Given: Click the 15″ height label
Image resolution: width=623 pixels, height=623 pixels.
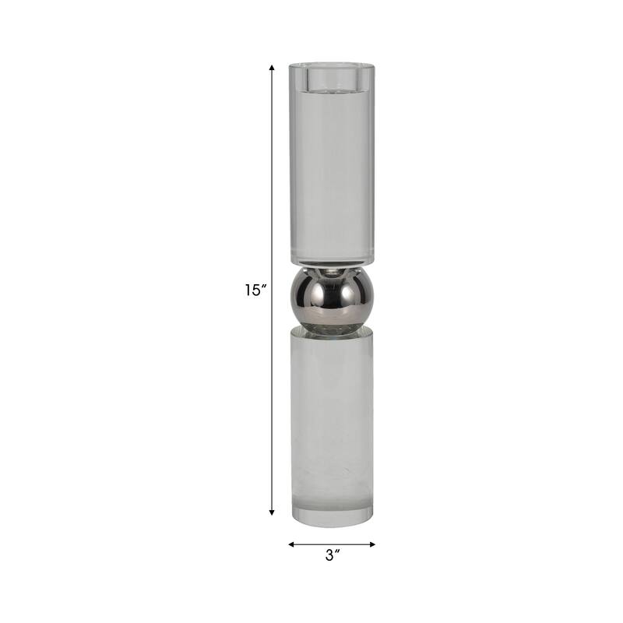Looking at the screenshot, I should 255,290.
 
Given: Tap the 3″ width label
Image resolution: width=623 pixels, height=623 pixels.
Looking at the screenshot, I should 333,556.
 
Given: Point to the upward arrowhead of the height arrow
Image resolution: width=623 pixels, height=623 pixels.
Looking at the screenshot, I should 272,69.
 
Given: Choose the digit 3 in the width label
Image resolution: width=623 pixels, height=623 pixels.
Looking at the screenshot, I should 329,556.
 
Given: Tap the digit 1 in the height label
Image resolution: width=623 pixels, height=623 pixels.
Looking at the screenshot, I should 248,290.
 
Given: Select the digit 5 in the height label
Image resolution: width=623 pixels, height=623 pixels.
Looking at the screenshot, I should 256,290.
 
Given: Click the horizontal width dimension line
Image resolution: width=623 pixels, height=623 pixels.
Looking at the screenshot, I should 333,544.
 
